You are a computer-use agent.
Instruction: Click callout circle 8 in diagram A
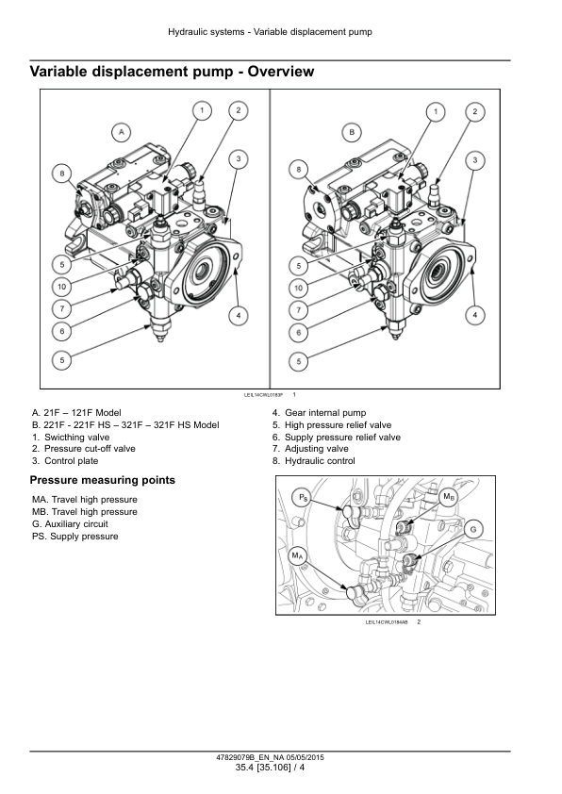[x=62, y=174]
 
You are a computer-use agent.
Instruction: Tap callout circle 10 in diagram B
[x=298, y=289]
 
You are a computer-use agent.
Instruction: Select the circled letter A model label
[x=121, y=133]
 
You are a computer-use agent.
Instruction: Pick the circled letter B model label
[x=352, y=133]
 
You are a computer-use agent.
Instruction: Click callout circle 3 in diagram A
[x=239, y=159]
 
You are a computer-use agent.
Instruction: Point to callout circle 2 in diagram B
[x=474, y=111]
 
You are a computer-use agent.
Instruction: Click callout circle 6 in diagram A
[x=62, y=331]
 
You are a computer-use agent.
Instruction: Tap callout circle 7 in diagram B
[x=298, y=310]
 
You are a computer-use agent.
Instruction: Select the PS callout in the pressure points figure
[x=303, y=498]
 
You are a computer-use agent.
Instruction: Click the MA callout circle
[x=297, y=556]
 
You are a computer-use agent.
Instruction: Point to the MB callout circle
[x=449, y=497]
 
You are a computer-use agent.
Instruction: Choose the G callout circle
[x=473, y=530]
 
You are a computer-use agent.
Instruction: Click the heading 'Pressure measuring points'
[x=102, y=480]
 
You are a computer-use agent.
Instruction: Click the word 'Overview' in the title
[x=281, y=72]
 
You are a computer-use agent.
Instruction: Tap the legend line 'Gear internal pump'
[x=319, y=413]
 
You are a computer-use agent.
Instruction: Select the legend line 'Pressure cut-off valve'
[x=84, y=449]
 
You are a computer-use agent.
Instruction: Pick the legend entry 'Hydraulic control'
[x=313, y=461]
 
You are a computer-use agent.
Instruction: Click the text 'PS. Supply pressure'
[x=74, y=537]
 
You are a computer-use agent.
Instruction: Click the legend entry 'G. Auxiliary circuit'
[x=70, y=524]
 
